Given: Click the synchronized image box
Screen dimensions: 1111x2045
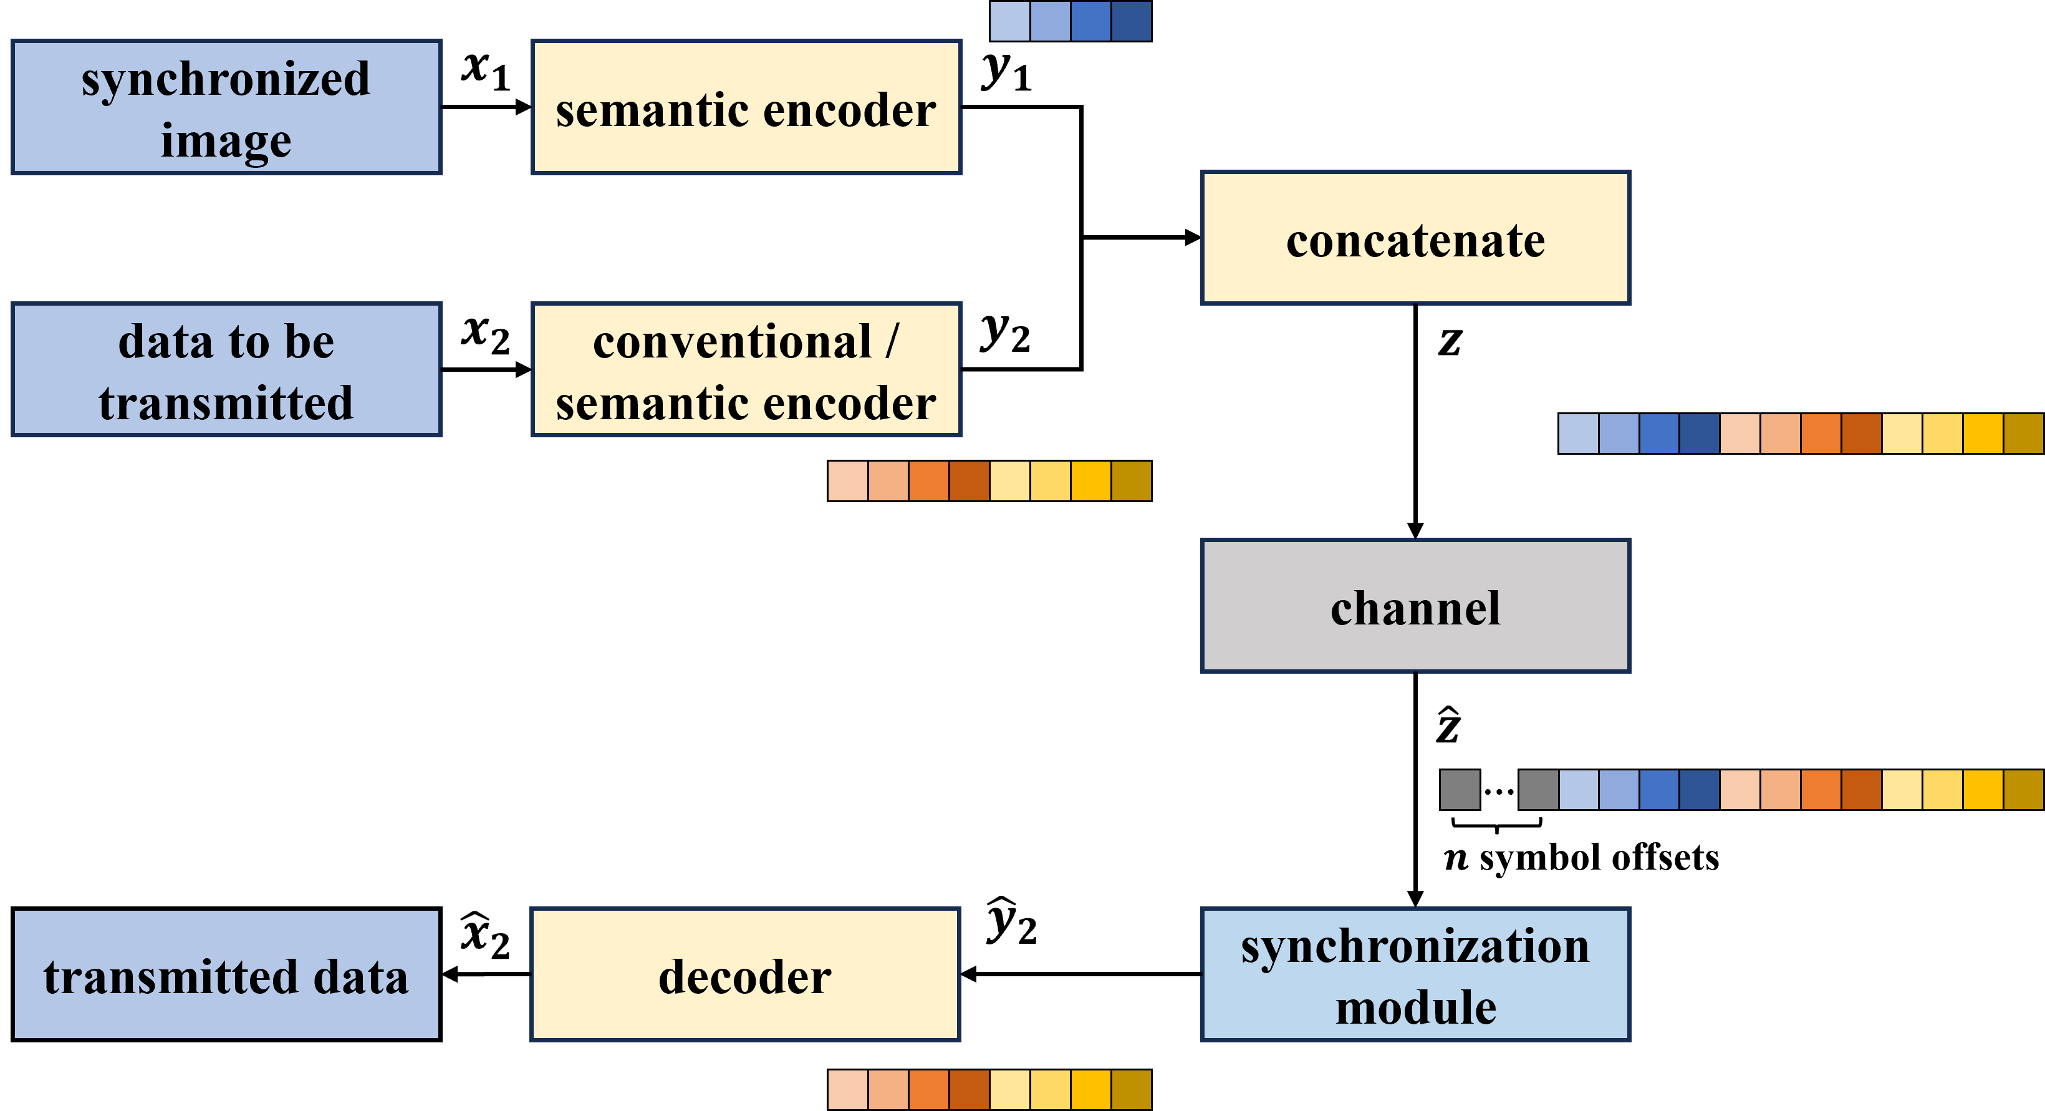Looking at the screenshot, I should [x=226, y=107].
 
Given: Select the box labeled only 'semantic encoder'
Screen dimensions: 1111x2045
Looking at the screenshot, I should [x=746, y=107].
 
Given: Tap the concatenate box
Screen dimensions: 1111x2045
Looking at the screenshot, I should [x=1415, y=238].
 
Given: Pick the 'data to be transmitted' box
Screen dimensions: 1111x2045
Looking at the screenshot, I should [x=226, y=369].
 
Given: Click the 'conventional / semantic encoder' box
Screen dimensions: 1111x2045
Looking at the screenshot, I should [x=746, y=369].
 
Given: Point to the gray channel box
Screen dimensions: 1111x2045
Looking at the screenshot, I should [x=1415, y=606].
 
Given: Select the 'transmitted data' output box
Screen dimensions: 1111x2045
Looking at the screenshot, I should [x=226, y=974].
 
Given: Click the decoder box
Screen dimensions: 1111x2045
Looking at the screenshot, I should [x=744, y=974].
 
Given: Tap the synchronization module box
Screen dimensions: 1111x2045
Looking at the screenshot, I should [x=1415, y=974].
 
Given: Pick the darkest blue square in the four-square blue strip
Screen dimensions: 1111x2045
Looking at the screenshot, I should [x=1131, y=21].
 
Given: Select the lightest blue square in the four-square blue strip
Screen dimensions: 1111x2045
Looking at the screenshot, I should [x=1010, y=21].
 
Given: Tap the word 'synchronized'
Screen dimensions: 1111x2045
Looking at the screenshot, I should [x=226, y=79].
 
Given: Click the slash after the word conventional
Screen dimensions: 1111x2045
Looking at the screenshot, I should [x=892, y=341].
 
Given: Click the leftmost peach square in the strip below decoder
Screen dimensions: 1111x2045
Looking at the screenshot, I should [x=848, y=1090].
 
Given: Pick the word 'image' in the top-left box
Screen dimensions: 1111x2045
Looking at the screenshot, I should [x=226, y=142].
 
